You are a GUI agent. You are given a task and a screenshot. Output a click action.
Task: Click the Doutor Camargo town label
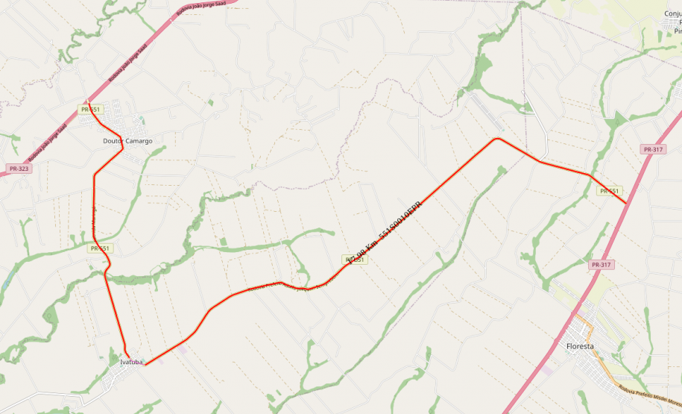point(127,140)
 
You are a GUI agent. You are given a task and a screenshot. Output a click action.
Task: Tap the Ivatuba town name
point(131,362)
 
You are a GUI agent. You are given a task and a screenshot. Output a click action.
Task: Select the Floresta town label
point(580,346)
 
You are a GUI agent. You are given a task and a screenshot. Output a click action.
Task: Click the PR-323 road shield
point(18,169)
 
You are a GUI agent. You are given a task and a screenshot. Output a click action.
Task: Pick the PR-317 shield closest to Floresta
point(601,265)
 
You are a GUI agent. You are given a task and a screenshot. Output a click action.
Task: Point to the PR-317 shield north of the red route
point(652,149)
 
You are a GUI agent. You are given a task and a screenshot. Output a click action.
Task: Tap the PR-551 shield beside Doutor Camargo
point(89,110)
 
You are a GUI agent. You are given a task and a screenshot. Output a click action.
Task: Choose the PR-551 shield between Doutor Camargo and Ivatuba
point(100,248)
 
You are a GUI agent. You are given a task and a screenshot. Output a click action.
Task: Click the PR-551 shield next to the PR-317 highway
point(609,191)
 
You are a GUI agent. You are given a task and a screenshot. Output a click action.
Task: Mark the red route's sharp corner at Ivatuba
point(145,364)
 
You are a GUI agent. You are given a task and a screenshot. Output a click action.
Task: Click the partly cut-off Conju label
point(672,13)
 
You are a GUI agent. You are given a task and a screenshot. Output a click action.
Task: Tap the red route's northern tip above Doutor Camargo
point(87,101)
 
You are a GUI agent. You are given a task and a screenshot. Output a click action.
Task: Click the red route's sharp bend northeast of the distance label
point(496,138)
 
